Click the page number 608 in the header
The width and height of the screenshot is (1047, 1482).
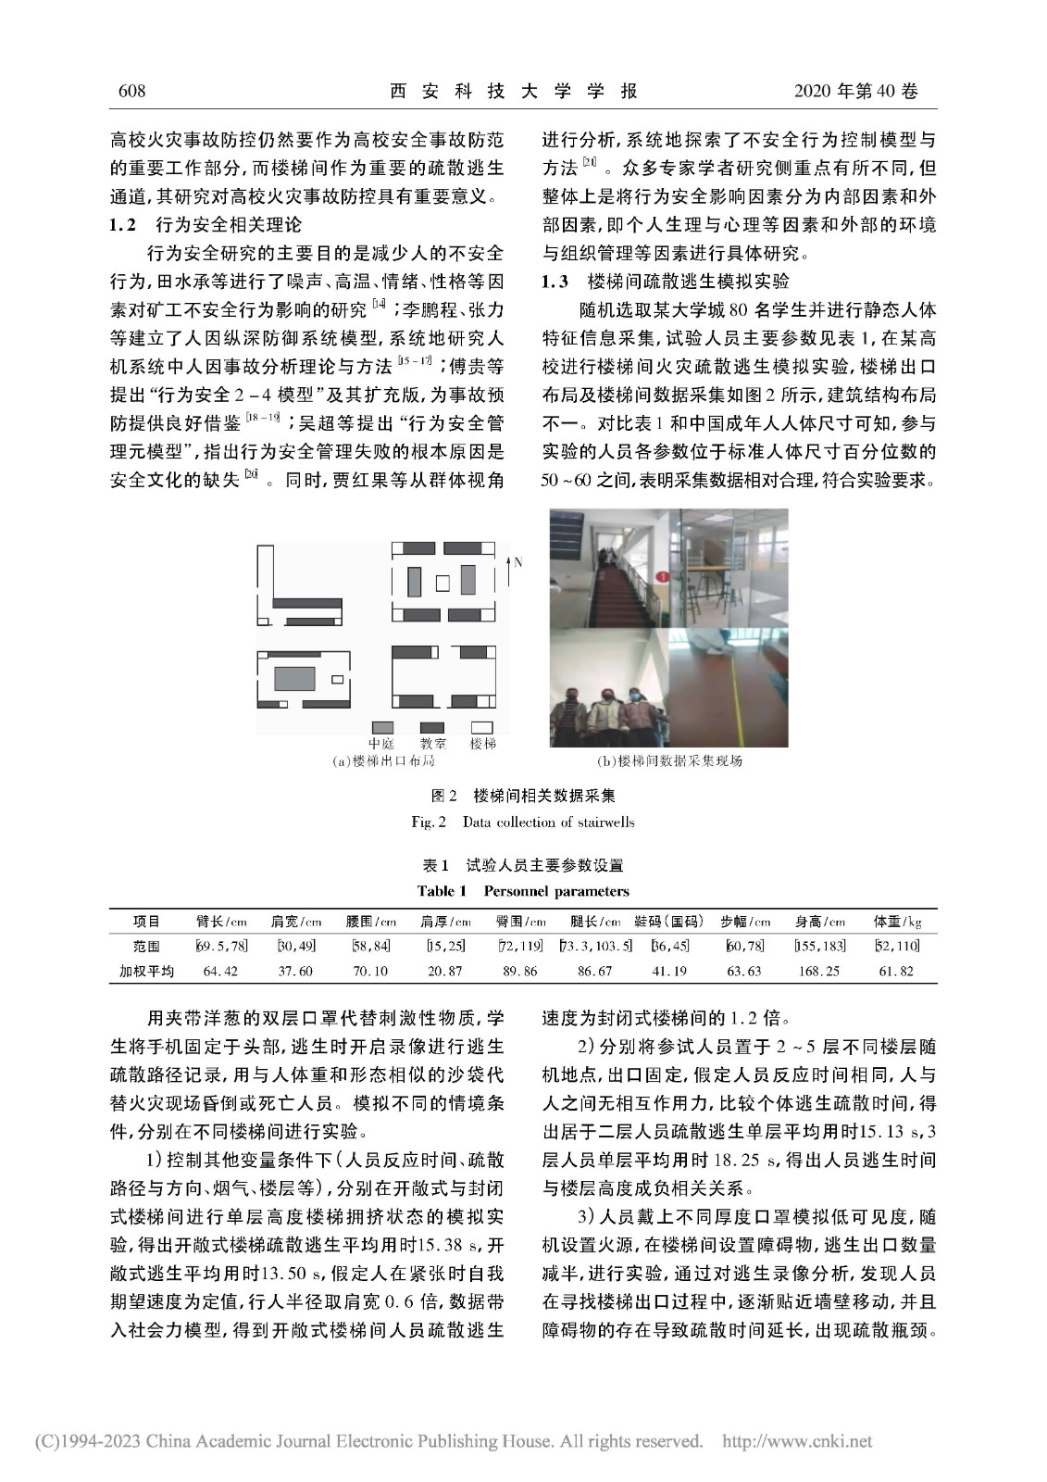click(x=133, y=91)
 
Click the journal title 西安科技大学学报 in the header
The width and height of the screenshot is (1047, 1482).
click(x=514, y=91)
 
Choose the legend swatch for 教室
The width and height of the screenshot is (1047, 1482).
click(x=432, y=727)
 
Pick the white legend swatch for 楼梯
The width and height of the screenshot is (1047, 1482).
click(x=482, y=727)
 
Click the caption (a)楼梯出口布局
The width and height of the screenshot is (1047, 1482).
click(x=384, y=760)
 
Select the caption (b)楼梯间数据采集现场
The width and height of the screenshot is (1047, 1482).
click(x=669, y=760)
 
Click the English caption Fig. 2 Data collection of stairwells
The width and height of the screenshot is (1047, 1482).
click(x=523, y=822)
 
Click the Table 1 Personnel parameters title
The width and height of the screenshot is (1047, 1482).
click(x=523, y=891)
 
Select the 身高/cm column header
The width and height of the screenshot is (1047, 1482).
click(x=820, y=922)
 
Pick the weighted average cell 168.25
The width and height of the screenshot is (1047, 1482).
click(x=820, y=971)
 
